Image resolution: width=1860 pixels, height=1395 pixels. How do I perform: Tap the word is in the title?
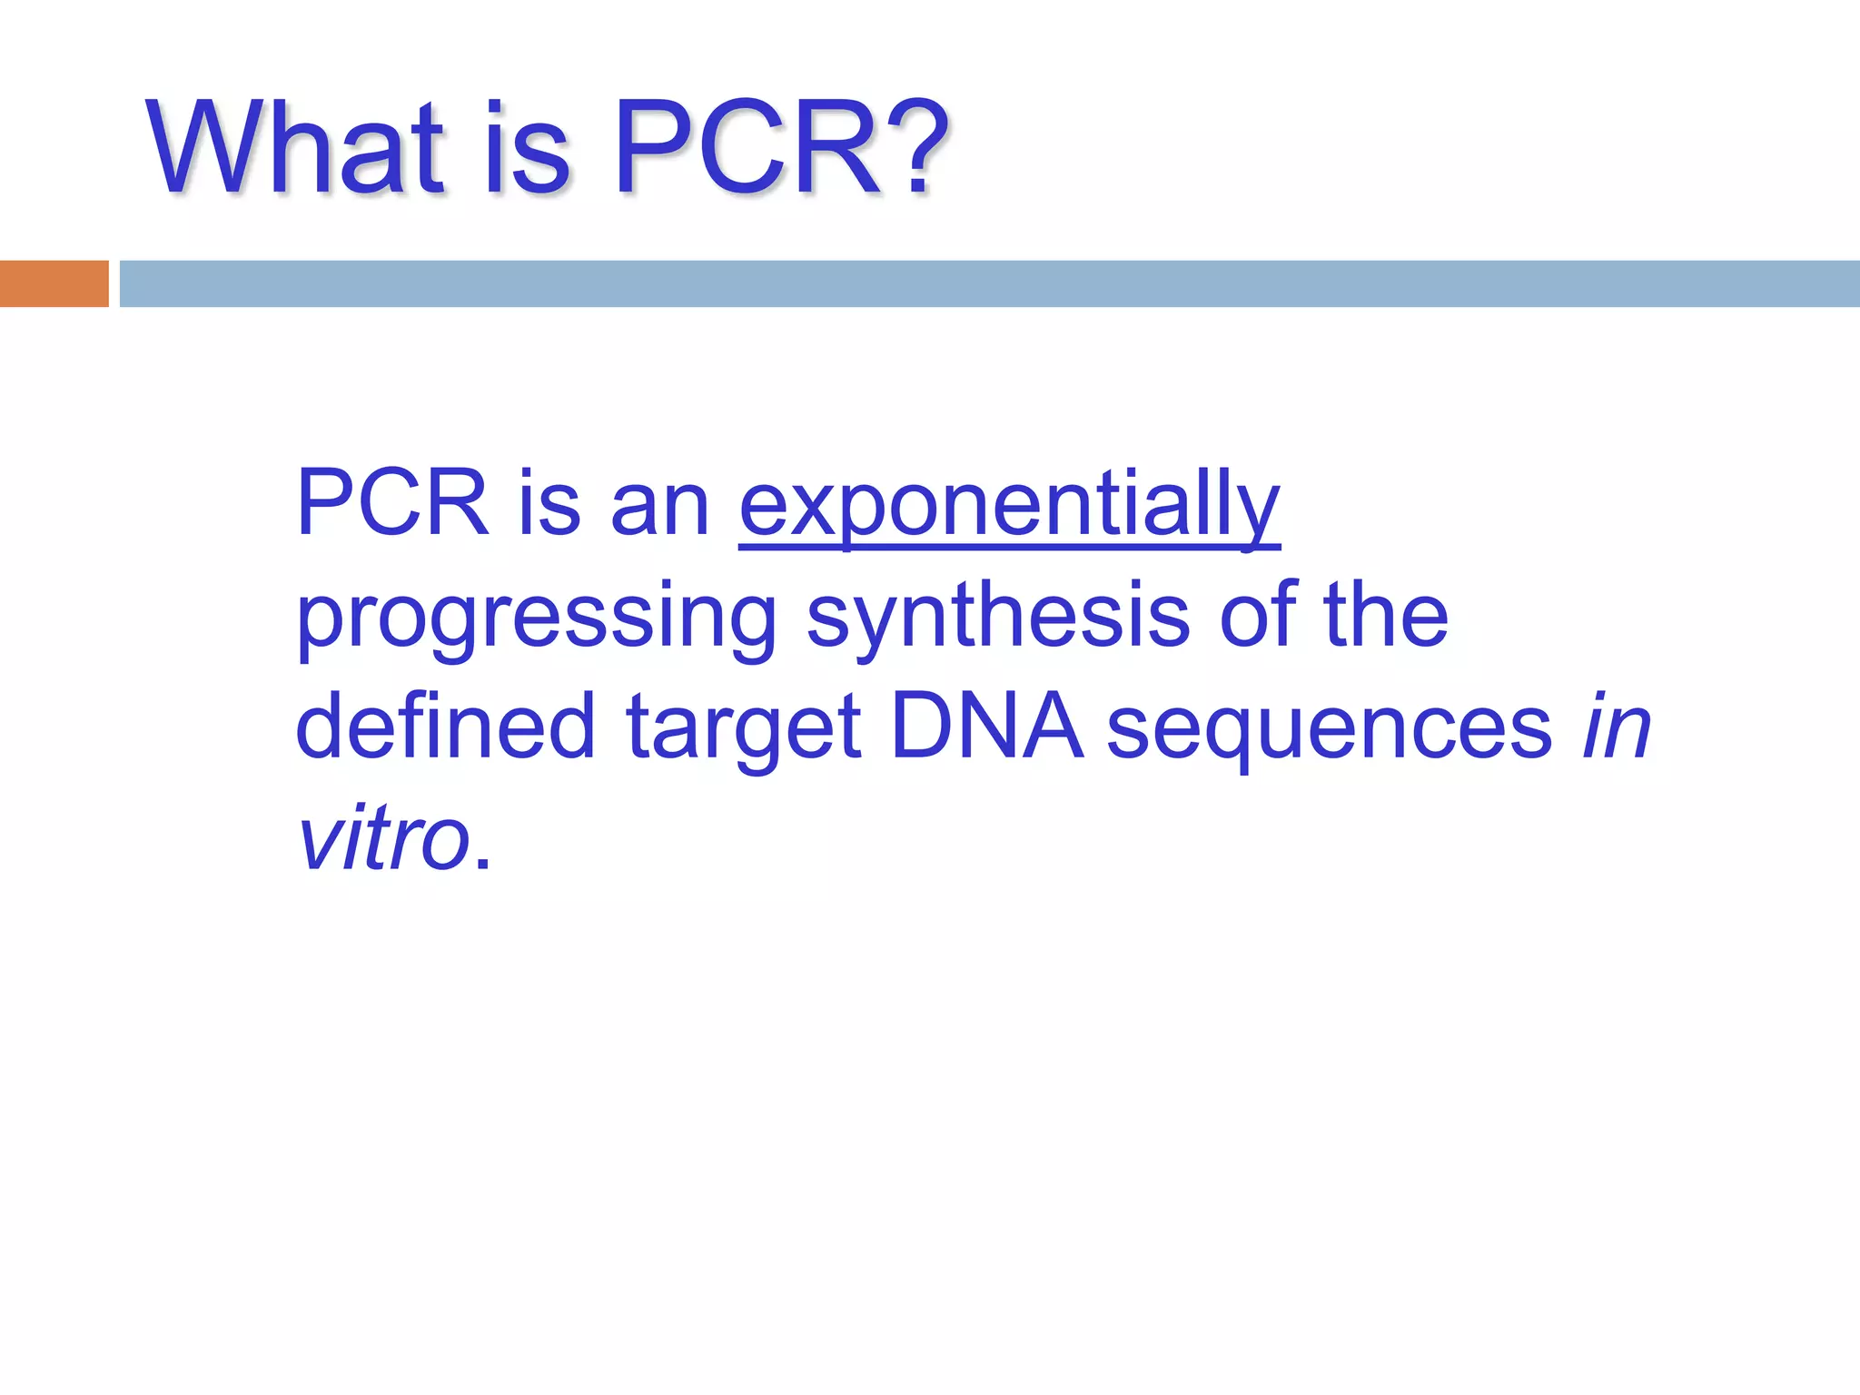[527, 150]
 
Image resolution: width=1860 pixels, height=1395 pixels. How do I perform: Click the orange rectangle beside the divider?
[54, 283]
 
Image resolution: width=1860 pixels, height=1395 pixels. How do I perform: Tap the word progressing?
[536, 619]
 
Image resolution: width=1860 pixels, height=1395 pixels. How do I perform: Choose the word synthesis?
[997, 618]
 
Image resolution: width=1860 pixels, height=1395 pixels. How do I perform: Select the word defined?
[445, 727]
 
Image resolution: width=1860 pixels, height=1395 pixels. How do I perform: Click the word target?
[743, 731]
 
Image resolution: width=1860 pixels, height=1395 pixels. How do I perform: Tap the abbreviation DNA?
[986, 727]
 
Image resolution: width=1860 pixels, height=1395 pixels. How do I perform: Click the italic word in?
[1617, 727]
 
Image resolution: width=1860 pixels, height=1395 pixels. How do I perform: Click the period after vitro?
[482, 863]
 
